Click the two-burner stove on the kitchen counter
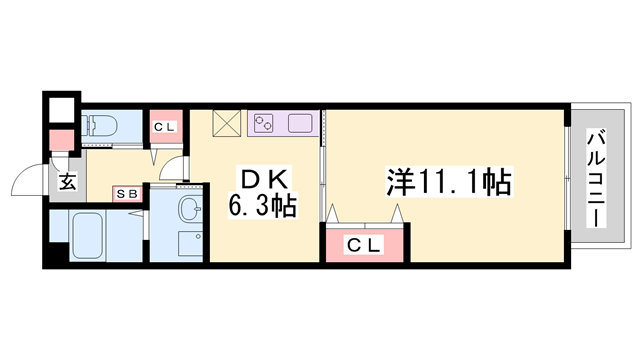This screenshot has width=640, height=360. pyautogui.click(x=266, y=124)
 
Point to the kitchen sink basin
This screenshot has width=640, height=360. pyautogui.click(x=301, y=124)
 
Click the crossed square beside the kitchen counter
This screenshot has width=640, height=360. pyautogui.click(x=227, y=124)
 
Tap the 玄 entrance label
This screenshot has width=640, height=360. pyautogui.click(x=66, y=183)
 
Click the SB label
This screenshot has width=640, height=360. pyautogui.click(x=127, y=192)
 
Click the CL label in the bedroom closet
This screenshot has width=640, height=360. pyautogui.click(x=363, y=242)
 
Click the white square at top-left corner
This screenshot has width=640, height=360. pyautogui.click(x=61, y=108)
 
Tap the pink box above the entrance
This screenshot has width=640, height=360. pyautogui.click(x=62, y=140)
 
